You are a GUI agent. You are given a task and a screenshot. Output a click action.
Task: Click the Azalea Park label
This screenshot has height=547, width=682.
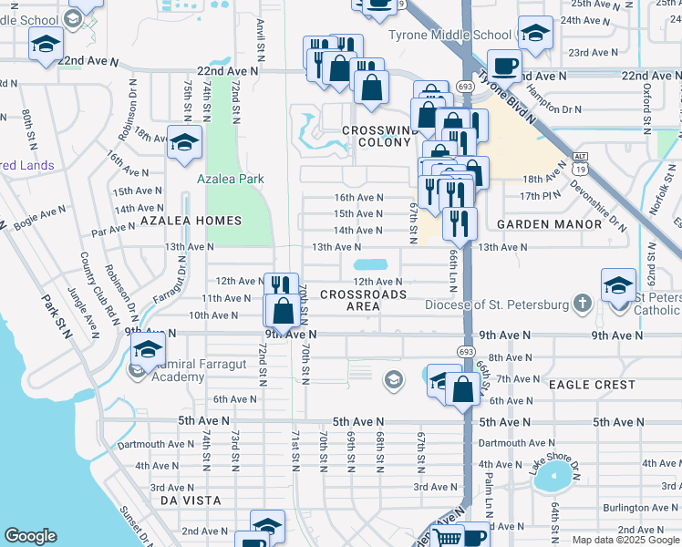pos(230,179)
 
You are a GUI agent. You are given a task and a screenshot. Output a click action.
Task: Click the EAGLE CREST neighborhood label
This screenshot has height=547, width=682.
pos(592,385)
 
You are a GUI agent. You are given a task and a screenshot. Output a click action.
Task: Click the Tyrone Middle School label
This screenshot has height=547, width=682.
pos(449,36)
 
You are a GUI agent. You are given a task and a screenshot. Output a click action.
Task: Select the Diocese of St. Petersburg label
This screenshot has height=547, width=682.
pos(496,304)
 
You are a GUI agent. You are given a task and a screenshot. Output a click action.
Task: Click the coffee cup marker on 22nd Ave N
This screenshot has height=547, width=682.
pos(504,66)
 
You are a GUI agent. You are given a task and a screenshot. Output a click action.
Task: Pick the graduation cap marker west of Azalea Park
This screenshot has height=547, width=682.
pos(183,141)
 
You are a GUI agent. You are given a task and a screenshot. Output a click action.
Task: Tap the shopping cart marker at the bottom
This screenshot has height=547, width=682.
pos(446,537)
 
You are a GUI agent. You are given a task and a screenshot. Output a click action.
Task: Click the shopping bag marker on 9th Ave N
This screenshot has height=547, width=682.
pos(282,311)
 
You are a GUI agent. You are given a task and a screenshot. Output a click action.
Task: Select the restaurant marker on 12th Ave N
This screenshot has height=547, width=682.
pos(281,286)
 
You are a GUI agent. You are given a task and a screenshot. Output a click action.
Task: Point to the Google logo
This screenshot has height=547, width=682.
pos(30,536)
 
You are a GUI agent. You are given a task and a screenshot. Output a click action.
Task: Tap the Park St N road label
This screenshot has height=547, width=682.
pos(57,315)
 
